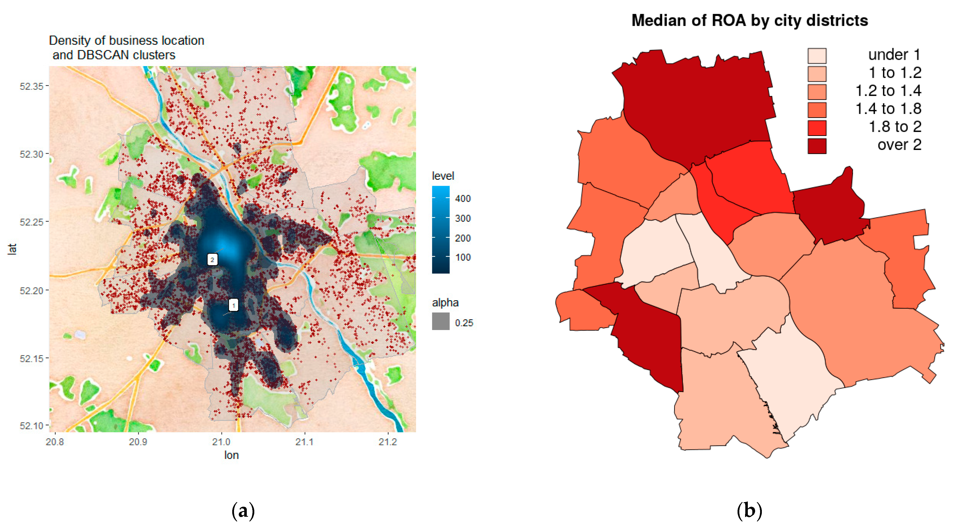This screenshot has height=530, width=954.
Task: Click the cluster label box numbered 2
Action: tap(212, 259)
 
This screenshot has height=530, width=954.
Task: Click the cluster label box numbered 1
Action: tap(233, 305)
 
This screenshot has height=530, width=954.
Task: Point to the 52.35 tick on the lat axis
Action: tap(32, 86)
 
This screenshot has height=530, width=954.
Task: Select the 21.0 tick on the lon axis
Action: tap(221, 442)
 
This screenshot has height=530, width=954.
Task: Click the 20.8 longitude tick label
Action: tap(55, 442)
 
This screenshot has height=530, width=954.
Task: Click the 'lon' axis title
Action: tap(231, 455)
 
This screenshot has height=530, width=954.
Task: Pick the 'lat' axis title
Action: tap(12, 249)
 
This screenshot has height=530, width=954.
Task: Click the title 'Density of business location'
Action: tap(127, 40)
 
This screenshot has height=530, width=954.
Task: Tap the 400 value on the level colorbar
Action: tap(462, 199)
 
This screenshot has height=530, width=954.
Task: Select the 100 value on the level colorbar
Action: tap(462, 257)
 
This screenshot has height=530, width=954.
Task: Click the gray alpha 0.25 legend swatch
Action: tap(441, 321)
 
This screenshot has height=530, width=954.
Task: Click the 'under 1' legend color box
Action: tap(817, 56)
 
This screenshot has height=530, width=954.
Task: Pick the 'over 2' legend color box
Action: tap(817, 146)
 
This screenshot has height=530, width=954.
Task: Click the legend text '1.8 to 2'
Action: tap(895, 127)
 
